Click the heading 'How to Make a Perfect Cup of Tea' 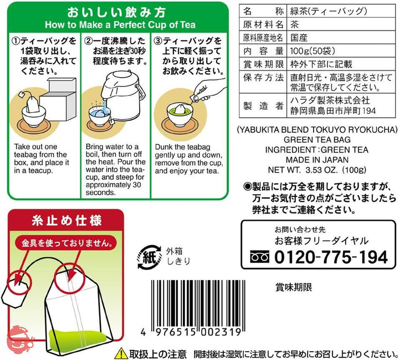coord(120,25)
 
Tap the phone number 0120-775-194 coord(331,257)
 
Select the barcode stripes coord(198,305)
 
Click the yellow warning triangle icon coord(121,353)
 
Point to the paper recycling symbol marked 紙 coord(150,257)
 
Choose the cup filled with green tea coord(180,114)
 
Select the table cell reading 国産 coord(299,38)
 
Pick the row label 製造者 coord(263,105)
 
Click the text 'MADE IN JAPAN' coord(317,160)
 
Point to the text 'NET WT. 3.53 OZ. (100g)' coord(317,170)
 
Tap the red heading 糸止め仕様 coord(66,221)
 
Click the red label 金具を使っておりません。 coord(67,243)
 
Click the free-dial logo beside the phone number coord(259,257)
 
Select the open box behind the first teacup coord(59,99)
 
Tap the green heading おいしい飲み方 coord(116,12)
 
